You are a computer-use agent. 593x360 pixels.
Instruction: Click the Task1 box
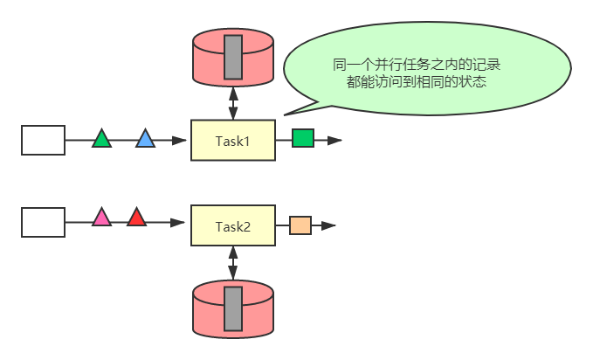pyautogui.click(x=233, y=140)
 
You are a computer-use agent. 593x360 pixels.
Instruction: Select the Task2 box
pyautogui.click(x=233, y=226)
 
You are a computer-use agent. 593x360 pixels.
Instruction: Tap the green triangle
pyautogui.click(x=102, y=139)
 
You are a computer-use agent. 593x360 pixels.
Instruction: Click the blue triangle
pyautogui.click(x=145, y=139)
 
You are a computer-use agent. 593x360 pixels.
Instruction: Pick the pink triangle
pyautogui.click(x=102, y=218)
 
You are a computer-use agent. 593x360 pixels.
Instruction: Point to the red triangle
pyautogui.click(x=136, y=218)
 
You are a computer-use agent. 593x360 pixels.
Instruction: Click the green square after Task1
pyautogui.click(x=303, y=138)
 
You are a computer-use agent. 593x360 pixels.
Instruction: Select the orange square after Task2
pyautogui.click(x=300, y=225)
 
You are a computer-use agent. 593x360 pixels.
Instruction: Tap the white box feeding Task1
pyautogui.click(x=43, y=140)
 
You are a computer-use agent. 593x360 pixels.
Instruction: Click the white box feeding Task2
pyautogui.click(x=43, y=222)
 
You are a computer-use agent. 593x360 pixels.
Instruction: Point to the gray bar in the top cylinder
pyautogui.click(x=233, y=57)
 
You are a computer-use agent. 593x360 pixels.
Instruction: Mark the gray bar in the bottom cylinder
pyautogui.click(x=233, y=308)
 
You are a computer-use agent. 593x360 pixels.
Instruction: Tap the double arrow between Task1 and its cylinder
pyautogui.click(x=233, y=101)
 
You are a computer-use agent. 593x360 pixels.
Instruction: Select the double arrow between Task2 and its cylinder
pyautogui.click(x=233, y=263)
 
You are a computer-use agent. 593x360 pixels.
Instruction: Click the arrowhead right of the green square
pyautogui.click(x=335, y=140)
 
